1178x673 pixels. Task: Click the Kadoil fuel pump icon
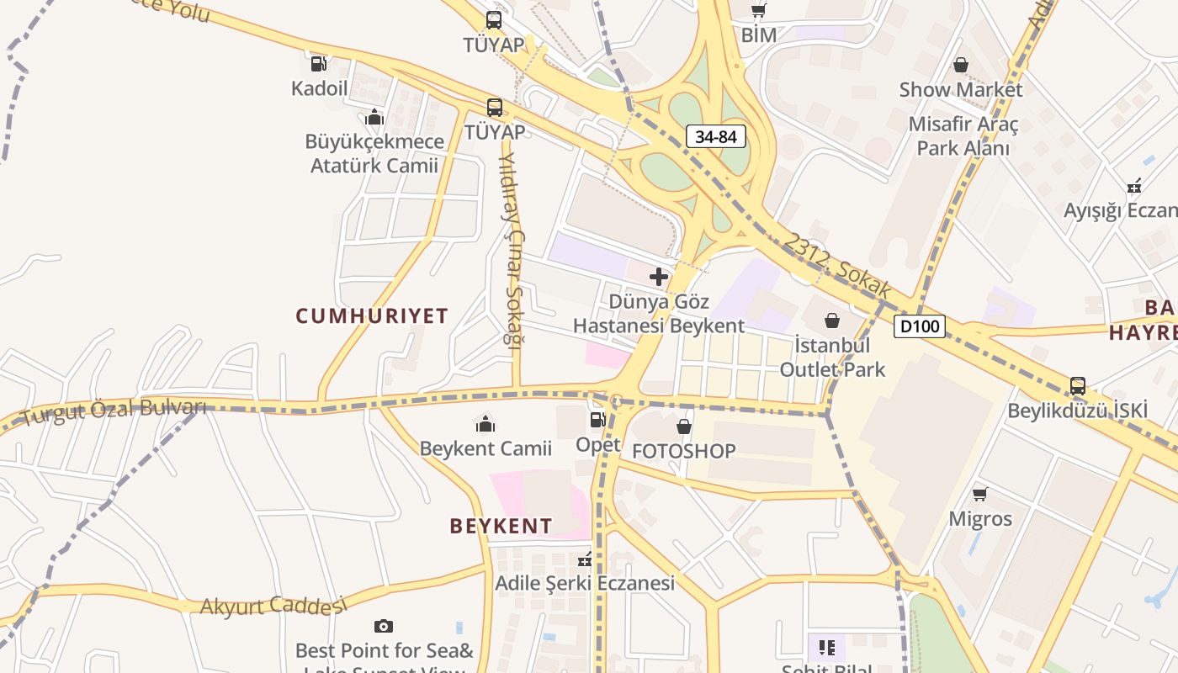tap(319, 63)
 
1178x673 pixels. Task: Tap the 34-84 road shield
tap(716, 136)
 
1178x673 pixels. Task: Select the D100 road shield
tap(919, 326)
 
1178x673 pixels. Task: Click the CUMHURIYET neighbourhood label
tap(372, 316)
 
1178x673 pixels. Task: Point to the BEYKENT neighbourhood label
tap(501, 527)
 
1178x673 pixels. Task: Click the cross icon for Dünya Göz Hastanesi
tap(659, 276)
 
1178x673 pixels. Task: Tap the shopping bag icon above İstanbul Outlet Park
tap(832, 321)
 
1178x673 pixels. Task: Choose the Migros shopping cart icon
tap(979, 494)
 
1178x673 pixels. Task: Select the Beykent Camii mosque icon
tap(486, 423)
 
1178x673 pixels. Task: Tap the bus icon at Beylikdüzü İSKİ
tap(1077, 386)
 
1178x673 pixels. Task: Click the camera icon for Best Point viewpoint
tap(384, 626)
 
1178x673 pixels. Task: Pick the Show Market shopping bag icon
tap(960, 65)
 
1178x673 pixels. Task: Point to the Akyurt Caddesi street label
tap(273, 605)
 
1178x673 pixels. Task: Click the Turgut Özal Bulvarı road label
tap(114, 411)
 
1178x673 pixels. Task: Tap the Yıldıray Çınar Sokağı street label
tap(511, 249)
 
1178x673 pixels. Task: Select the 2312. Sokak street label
tap(837, 265)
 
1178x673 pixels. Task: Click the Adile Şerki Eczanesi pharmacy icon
tap(585, 559)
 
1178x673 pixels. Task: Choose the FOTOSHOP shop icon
tap(684, 427)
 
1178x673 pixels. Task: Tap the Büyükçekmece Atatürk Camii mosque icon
tap(374, 117)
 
